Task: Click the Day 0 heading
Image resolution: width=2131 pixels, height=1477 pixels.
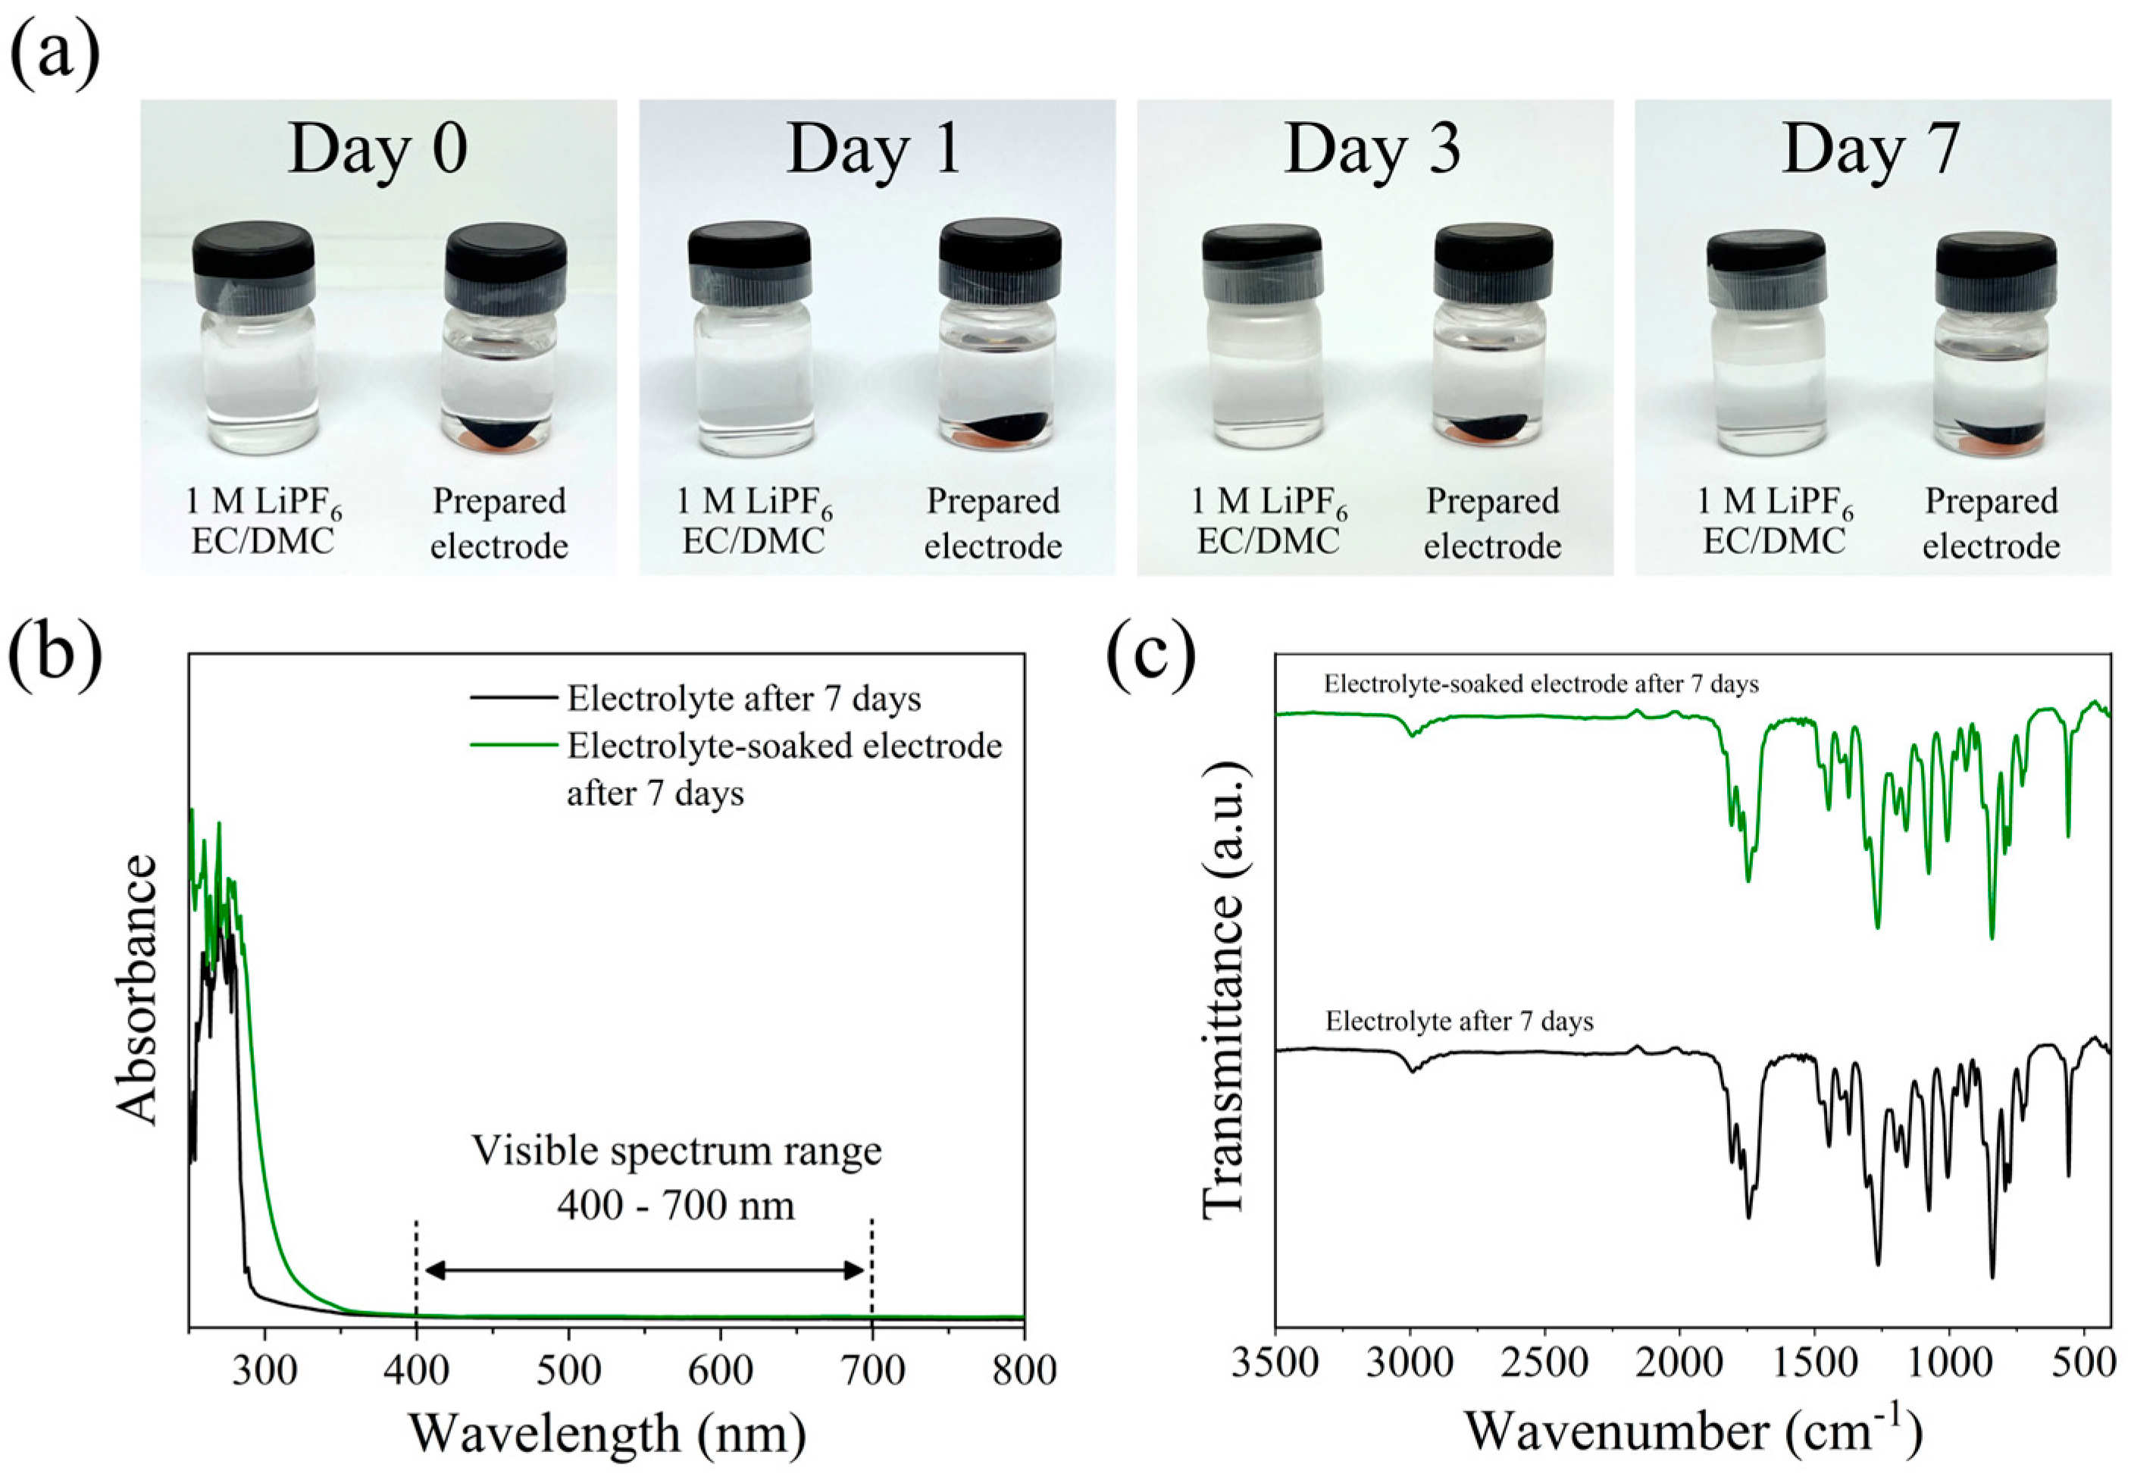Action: point(377,149)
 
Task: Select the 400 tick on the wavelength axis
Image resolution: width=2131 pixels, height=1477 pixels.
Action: point(416,1369)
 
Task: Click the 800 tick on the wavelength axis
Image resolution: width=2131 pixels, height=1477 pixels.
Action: point(1023,1369)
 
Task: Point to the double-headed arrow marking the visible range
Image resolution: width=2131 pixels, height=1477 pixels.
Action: point(645,1271)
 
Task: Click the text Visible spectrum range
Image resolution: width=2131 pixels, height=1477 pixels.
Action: point(677,1151)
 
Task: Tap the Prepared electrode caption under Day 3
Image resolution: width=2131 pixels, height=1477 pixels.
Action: point(1491,523)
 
